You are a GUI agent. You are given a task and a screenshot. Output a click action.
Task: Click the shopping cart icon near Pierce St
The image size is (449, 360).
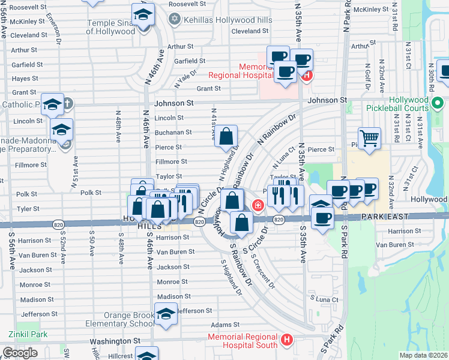370,138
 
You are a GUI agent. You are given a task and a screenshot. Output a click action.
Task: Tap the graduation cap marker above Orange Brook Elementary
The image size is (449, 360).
166,313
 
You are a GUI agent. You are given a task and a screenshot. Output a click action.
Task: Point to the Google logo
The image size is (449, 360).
20,352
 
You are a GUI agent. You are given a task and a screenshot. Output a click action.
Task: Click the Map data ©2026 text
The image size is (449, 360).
423,355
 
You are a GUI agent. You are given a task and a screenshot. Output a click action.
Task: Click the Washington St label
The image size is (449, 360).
115,340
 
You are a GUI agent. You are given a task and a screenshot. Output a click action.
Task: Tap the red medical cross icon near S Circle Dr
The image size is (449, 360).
258,206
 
